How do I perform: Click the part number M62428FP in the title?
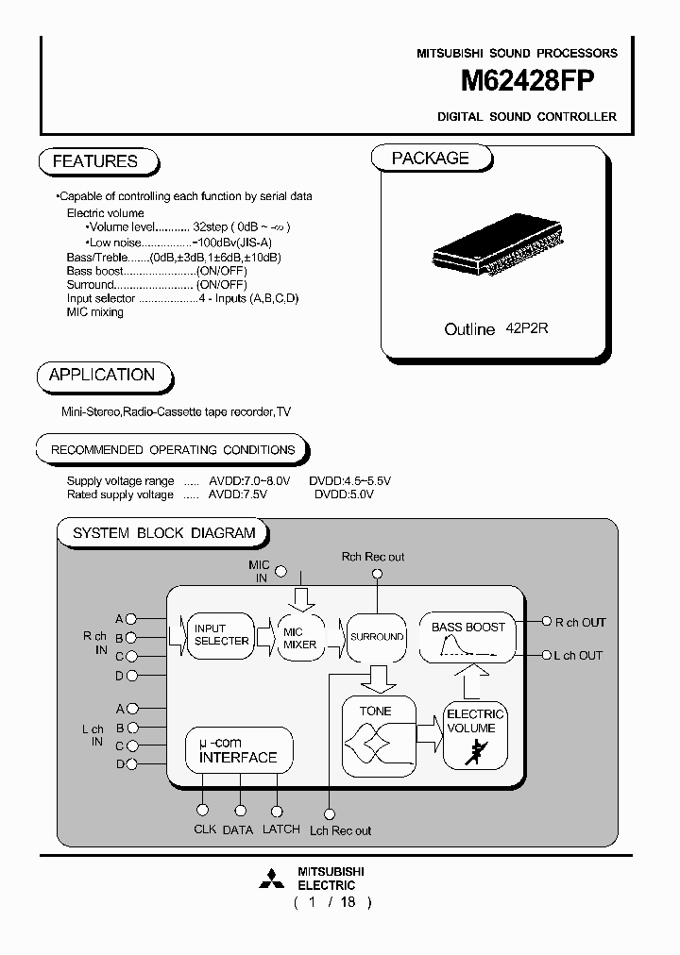(527, 83)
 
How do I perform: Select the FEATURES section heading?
(95, 161)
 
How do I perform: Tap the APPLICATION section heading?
(102, 375)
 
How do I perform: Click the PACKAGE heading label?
(431, 159)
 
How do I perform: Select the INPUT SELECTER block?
(221, 634)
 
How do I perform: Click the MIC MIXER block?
(300, 639)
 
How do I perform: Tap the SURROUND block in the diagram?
(377, 637)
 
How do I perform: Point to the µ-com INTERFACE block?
(238, 750)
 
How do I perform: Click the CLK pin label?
(205, 829)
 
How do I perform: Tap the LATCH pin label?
(280, 829)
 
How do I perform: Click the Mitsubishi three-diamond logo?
(273, 880)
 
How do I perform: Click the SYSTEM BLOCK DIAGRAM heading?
(164, 532)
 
